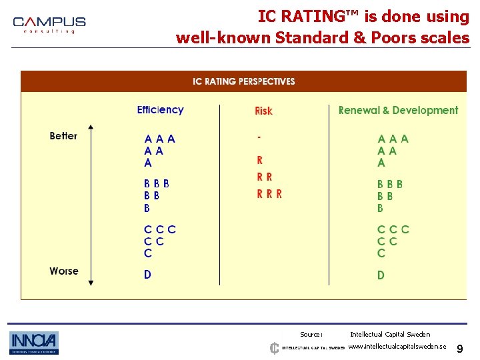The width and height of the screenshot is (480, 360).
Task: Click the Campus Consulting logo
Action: click(x=49, y=25)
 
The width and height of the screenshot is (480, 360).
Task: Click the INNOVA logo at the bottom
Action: click(x=34, y=343)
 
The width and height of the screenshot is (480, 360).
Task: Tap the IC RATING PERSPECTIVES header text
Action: click(x=243, y=81)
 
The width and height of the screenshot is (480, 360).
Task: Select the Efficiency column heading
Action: click(x=160, y=110)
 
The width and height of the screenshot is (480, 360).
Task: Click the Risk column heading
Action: click(x=263, y=111)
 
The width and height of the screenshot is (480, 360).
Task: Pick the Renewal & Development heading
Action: click(x=398, y=111)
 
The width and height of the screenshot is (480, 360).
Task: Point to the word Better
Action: click(x=63, y=136)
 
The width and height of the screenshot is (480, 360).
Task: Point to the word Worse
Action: click(x=63, y=271)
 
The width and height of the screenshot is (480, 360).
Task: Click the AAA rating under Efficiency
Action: click(x=160, y=139)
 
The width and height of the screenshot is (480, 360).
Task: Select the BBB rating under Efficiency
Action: click(x=157, y=184)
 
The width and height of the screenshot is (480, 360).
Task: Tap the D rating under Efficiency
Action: click(x=147, y=275)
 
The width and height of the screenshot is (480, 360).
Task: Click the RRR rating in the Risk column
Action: click(x=269, y=194)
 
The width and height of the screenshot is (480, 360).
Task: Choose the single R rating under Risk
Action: click(x=259, y=160)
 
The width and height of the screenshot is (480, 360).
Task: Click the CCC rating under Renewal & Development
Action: click(x=393, y=229)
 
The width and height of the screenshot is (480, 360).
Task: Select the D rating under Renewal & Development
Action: click(x=381, y=275)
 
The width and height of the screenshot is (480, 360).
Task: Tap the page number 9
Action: click(x=460, y=348)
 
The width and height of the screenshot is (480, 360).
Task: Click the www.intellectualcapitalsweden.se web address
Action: click(x=397, y=347)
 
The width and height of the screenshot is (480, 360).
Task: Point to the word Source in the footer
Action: click(x=311, y=335)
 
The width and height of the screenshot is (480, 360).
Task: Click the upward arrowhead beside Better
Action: click(x=91, y=127)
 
